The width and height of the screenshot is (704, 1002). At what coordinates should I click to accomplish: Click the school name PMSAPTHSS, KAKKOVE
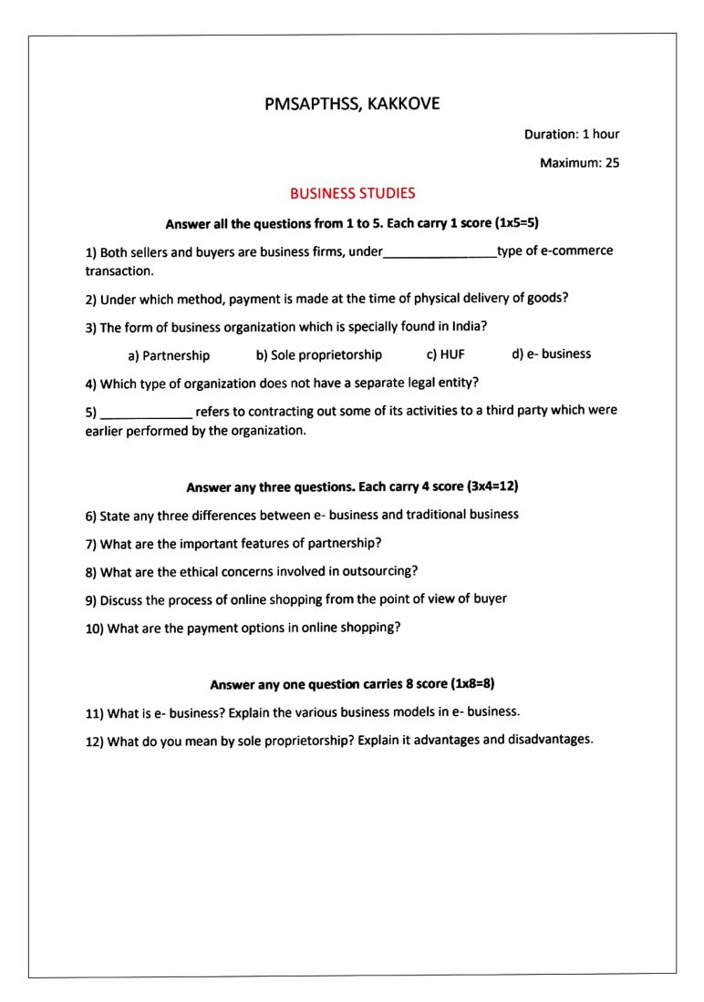(352, 104)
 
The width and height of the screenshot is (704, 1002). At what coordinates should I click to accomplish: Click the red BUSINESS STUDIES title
(352, 193)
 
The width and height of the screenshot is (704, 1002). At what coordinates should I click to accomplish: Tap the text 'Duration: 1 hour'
(572, 134)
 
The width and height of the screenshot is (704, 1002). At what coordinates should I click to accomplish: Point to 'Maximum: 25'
(580, 164)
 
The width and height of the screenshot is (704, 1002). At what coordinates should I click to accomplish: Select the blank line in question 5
(146, 414)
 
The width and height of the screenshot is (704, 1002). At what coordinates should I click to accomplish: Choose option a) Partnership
(169, 355)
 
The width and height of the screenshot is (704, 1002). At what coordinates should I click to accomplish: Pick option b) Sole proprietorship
(319, 354)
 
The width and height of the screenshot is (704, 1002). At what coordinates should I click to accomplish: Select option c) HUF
(446, 354)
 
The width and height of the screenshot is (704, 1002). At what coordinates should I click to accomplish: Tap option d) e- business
(552, 353)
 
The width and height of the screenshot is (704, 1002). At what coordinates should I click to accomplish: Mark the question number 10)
(95, 629)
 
